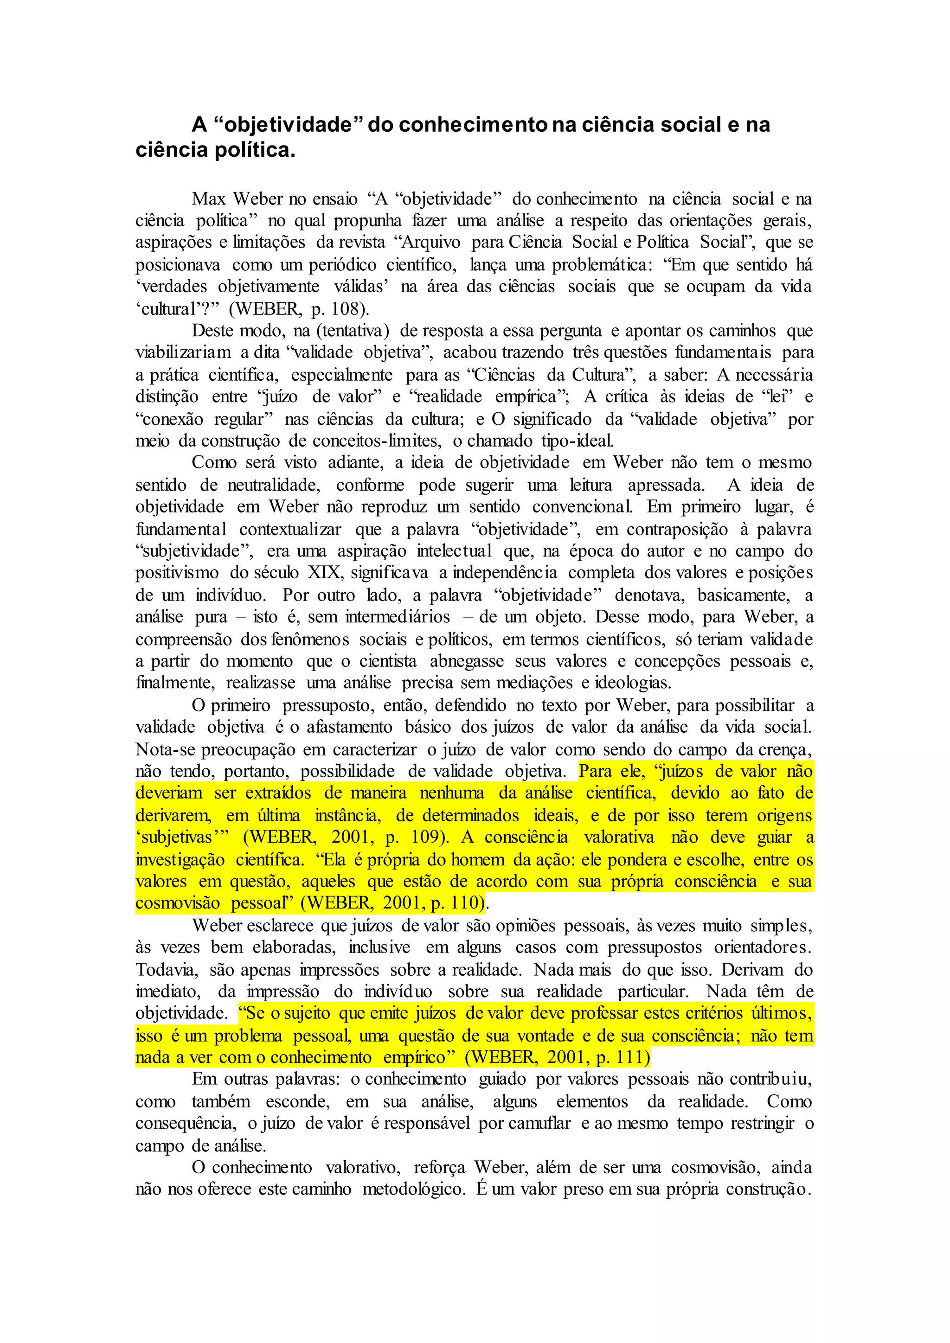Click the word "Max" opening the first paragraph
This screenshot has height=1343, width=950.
click(208, 199)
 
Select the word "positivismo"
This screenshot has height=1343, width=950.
click(177, 573)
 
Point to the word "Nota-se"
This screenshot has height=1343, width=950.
click(166, 750)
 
